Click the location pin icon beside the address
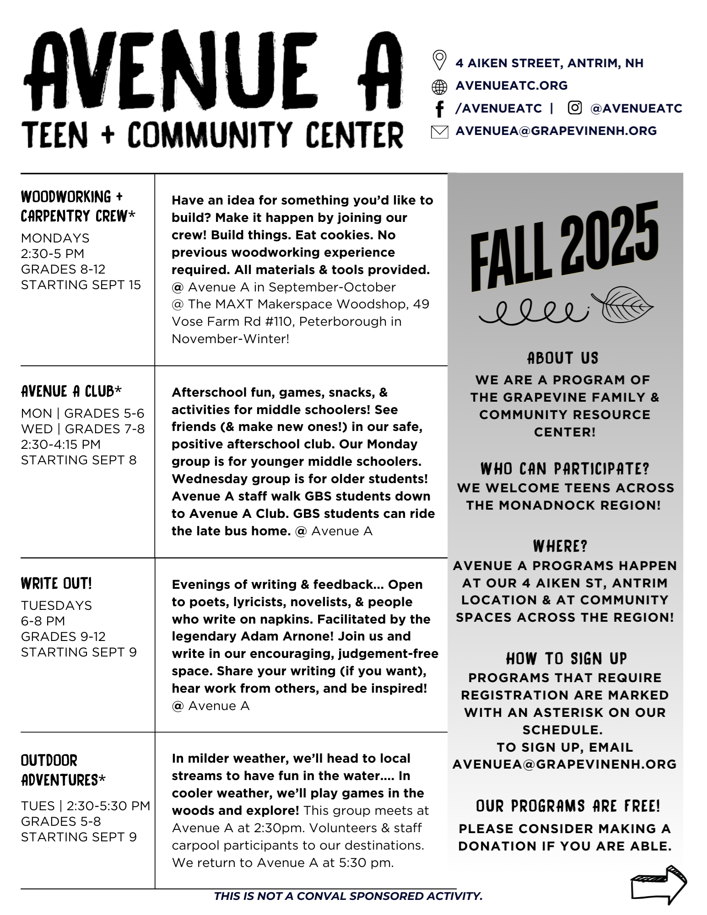click(x=439, y=60)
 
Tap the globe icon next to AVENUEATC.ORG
click(x=439, y=86)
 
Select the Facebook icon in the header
click(x=439, y=109)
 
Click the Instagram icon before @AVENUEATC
click(x=574, y=108)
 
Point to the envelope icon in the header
click(x=439, y=132)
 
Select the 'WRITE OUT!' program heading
click(x=56, y=584)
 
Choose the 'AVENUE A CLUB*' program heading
click(x=71, y=391)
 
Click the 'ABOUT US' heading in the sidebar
click(x=562, y=358)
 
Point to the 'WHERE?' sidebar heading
click(x=560, y=546)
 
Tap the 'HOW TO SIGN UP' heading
click(x=566, y=659)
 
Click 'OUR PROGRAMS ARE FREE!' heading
click(x=568, y=806)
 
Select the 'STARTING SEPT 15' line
click(x=81, y=285)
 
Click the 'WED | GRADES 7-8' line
click(x=83, y=429)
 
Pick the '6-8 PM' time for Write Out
click(x=43, y=621)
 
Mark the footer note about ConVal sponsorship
click(x=348, y=896)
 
